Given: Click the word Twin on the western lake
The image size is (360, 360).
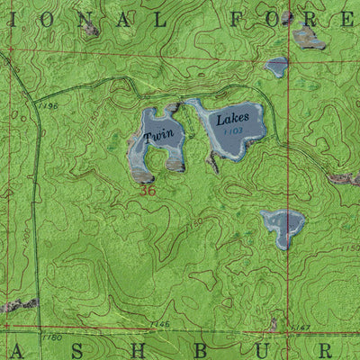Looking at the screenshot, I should (x=164, y=136).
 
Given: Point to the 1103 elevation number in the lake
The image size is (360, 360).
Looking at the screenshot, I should (x=234, y=131).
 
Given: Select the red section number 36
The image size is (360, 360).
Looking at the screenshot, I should (x=148, y=190).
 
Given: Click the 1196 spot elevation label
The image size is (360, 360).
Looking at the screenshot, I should (x=49, y=106).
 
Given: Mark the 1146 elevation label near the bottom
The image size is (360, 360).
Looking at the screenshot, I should (x=160, y=323).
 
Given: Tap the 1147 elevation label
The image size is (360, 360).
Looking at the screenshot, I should (x=302, y=327).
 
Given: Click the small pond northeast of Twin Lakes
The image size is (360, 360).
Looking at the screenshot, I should (x=275, y=67).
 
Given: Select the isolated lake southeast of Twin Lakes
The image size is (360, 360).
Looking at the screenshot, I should (x=283, y=226).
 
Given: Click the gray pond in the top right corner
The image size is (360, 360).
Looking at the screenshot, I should (x=309, y=37).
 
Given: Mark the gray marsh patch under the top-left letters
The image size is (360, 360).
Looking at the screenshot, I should (x=89, y=30).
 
